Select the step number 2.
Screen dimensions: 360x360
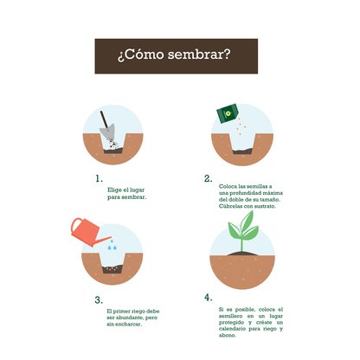coord(208,179)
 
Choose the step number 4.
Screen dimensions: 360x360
coord(208,298)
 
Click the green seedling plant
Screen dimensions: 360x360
coord(243,229)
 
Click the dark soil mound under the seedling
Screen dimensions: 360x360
coord(246,253)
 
